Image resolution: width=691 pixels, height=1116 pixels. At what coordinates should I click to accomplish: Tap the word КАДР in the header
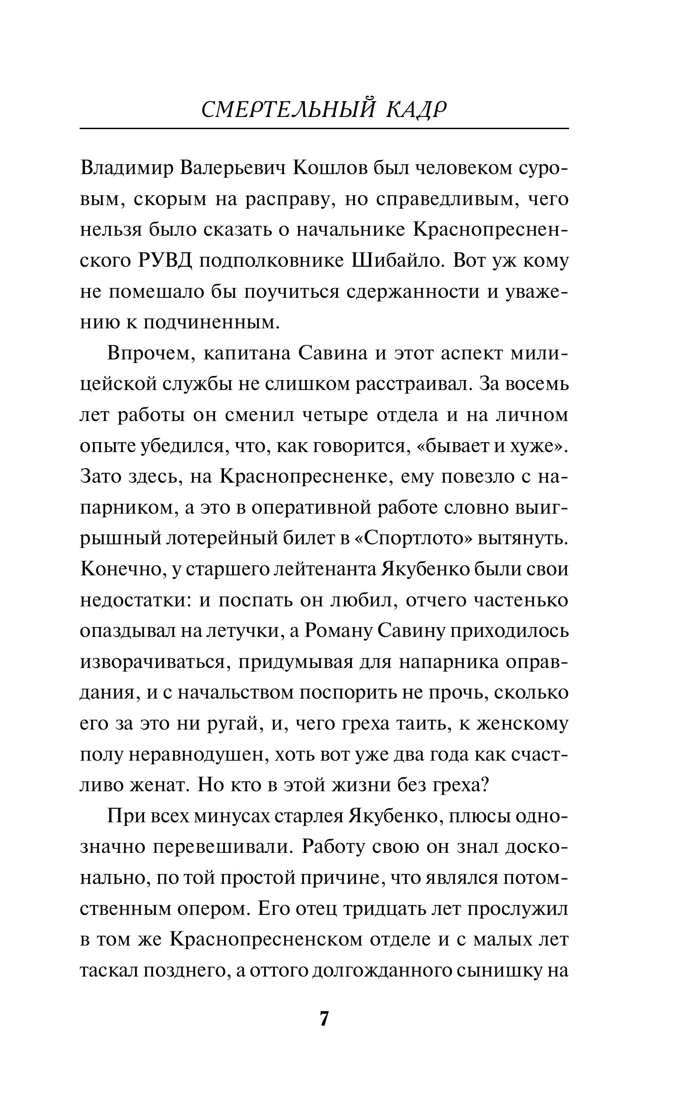[x=416, y=111]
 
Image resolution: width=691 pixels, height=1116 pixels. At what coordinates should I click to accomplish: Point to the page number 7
[x=324, y=1019]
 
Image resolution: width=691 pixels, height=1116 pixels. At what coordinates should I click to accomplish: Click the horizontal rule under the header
[x=324, y=129]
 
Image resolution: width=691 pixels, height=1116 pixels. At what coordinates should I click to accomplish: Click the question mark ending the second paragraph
[x=485, y=785]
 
